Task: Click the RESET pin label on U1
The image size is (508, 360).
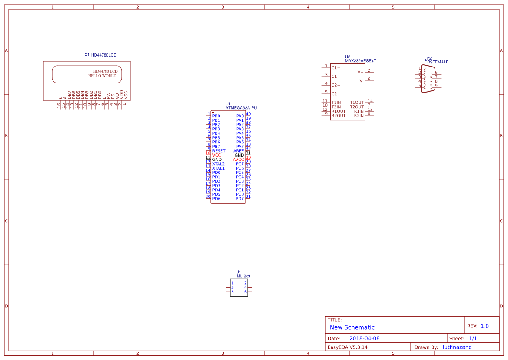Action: [219, 151]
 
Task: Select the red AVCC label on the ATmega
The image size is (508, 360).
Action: [238, 160]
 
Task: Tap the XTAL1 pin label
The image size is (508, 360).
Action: [219, 168]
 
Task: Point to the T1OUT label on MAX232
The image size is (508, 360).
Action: [357, 103]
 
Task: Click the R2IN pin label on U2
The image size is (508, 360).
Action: [359, 116]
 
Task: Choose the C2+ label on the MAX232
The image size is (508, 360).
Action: [336, 85]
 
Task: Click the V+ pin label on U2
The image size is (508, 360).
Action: [360, 72]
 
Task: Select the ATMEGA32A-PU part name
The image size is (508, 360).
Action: [241, 107]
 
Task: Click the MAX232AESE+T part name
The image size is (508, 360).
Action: [360, 61]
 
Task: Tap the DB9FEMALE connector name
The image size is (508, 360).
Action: [436, 62]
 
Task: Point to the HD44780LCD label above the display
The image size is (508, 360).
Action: [104, 55]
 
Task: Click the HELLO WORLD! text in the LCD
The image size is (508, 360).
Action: [103, 76]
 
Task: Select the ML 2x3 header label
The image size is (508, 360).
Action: [243, 276]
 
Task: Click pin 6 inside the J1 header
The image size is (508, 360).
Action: [245, 292]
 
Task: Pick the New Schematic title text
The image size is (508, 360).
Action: [352, 327]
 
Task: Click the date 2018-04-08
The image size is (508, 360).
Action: [364, 338]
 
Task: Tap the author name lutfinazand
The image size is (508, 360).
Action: [457, 347]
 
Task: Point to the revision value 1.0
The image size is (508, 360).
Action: [485, 326]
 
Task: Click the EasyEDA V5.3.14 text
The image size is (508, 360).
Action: [347, 347]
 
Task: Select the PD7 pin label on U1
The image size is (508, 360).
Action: [240, 199]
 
